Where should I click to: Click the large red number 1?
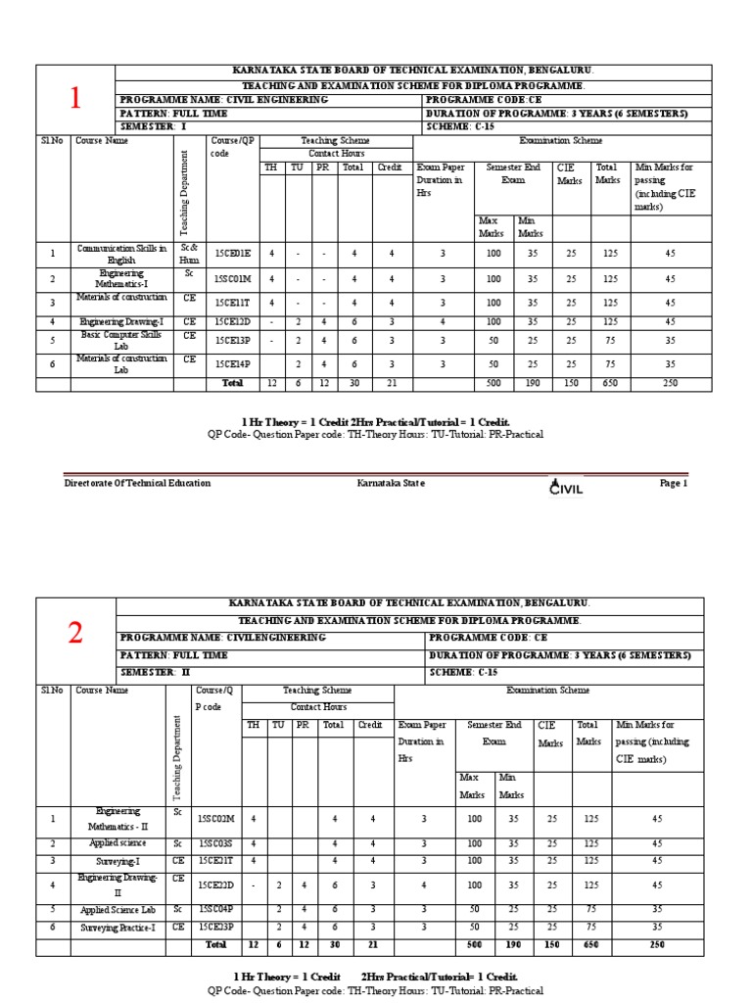[73, 98]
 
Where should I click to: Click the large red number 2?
[74, 634]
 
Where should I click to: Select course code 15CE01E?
[233, 254]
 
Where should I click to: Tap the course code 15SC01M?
[233, 279]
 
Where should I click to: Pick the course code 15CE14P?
[233, 363]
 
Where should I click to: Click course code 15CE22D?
[216, 884]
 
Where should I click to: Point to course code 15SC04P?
[216, 909]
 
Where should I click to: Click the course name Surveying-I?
[117, 861]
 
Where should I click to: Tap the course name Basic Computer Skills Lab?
[122, 340]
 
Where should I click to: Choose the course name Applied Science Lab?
[117, 909]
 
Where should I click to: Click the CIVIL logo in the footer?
[567, 486]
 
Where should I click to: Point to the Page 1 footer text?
[674, 483]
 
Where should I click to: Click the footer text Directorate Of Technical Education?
[137, 483]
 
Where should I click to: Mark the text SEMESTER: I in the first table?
[152, 127]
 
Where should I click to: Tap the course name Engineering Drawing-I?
[122, 321]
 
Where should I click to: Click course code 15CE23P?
[216, 926]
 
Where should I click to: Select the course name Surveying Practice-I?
[117, 926]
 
